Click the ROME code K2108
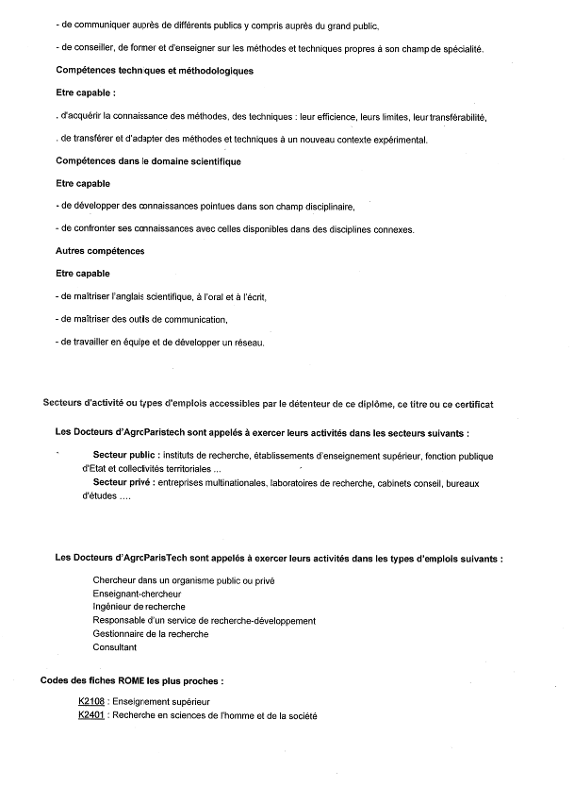click(91, 702)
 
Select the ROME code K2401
click(91, 715)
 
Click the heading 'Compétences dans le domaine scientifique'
click(148, 161)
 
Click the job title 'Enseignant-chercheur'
click(137, 594)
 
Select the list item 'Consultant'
click(114, 647)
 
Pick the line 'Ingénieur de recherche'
click(139, 607)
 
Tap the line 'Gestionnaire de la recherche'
click(151, 634)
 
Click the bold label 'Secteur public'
click(128, 456)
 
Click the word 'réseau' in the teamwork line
click(248, 343)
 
